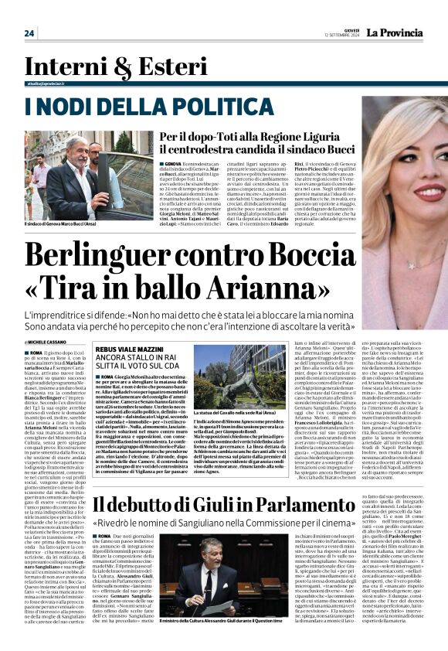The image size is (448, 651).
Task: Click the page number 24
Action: point(29,33)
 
